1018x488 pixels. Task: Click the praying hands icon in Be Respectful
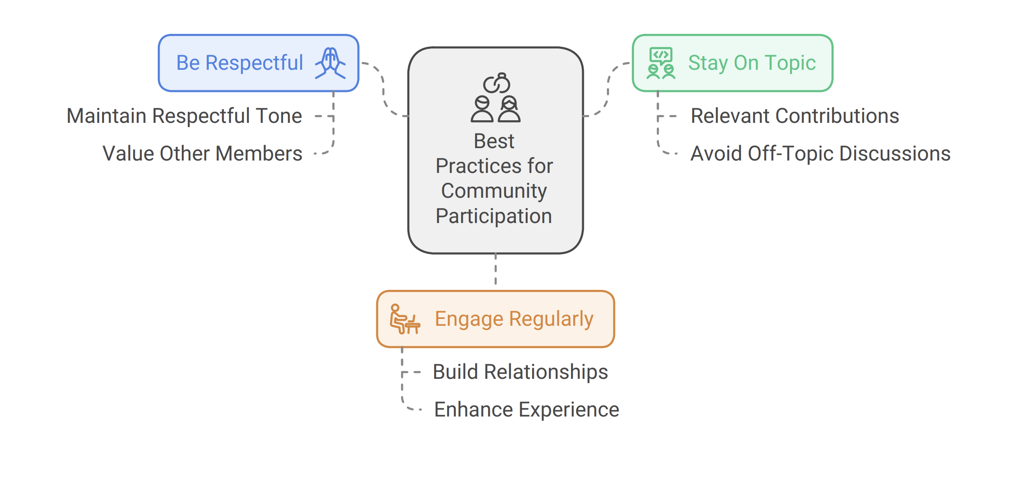pos(330,63)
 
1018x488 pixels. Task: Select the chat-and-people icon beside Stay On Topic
pos(661,63)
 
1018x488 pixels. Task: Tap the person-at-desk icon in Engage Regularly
pos(405,319)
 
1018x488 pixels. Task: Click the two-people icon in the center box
pos(496,98)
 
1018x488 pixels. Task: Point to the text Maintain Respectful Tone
pos(184,116)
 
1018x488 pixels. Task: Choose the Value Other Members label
pos(202,154)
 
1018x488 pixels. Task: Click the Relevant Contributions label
pos(795,116)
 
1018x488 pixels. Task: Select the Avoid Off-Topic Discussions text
pos(820,154)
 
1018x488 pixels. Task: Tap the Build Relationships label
pos(520,372)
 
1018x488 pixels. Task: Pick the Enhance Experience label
pos(527,410)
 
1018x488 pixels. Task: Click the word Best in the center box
pos(494,141)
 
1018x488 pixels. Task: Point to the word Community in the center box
pos(494,191)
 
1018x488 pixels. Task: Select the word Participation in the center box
pos(494,216)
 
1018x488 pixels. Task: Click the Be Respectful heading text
pos(240,63)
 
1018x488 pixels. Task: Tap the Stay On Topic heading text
pos(752,63)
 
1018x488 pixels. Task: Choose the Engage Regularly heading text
pos(514,319)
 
